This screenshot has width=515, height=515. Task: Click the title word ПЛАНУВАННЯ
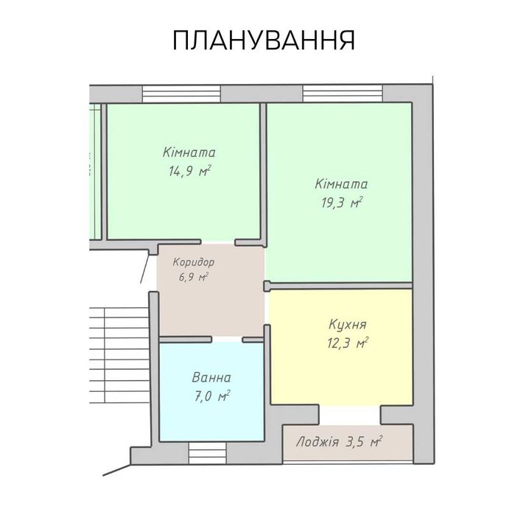(x=264, y=41)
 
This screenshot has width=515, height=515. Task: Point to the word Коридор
(x=193, y=262)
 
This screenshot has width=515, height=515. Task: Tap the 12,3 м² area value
(x=347, y=342)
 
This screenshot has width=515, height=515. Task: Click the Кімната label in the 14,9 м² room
(x=189, y=153)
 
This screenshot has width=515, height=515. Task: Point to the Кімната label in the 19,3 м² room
(x=340, y=184)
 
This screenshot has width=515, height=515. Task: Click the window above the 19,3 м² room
(x=343, y=94)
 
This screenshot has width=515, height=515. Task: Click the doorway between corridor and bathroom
(x=228, y=340)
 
